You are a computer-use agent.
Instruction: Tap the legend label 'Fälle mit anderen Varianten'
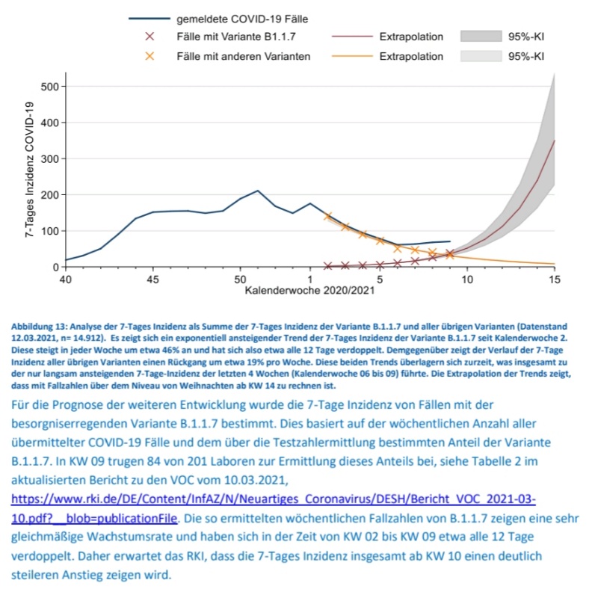[x=243, y=56]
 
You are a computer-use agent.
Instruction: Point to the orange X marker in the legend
[x=149, y=56]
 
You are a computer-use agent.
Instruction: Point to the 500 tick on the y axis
[x=49, y=86]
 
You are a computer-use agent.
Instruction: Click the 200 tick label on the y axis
[x=49, y=194]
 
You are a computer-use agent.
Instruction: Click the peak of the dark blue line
[x=258, y=191]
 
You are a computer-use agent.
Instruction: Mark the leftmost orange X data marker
[x=327, y=216]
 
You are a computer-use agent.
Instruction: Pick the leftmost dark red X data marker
[x=327, y=265]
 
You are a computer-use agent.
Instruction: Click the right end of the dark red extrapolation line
[x=554, y=141]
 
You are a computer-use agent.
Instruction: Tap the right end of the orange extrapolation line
[x=554, y=264]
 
